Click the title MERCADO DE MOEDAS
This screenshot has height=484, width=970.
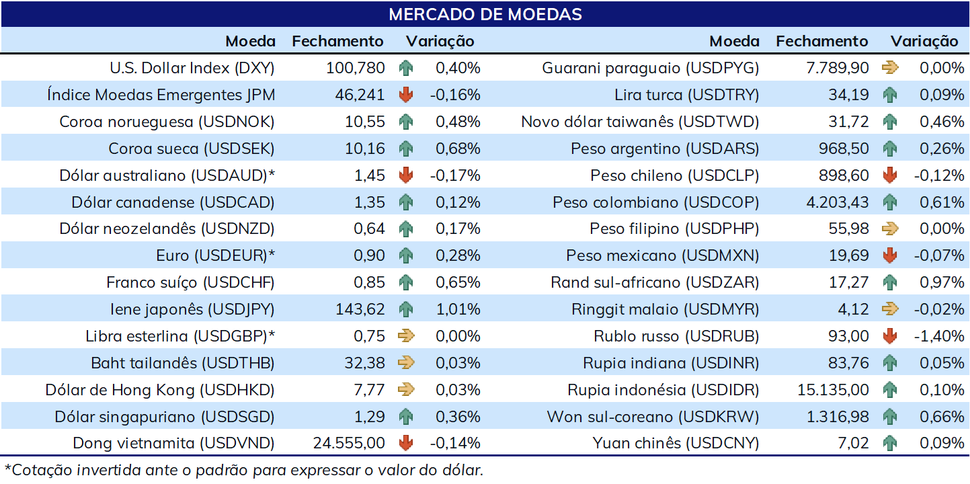[485, 14]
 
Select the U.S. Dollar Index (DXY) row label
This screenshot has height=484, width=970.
[192, 68]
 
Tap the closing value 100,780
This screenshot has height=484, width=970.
[355, 68]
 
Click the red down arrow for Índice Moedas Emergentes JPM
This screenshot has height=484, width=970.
[406, 95]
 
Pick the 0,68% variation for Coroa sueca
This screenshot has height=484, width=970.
[458, 149]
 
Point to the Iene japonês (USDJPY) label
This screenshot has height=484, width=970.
[192, 309]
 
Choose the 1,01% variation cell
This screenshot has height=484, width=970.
[458, 309]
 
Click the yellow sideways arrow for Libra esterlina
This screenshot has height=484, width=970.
[406, 336]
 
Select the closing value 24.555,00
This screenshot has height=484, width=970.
[349, 443]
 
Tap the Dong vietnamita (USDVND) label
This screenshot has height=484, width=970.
[173, 443]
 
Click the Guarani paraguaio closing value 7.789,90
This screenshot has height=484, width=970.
[838, 68]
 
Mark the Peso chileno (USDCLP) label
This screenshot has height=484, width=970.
[675, 175]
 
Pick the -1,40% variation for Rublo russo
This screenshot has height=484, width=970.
[939, 336]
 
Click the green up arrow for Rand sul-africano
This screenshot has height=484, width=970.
[890, 282]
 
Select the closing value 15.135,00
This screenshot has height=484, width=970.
[833, 390]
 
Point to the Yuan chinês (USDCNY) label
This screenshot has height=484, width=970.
[676, 443]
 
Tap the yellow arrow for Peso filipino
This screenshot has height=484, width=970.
[890, 229]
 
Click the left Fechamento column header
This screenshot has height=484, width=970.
[337, 41]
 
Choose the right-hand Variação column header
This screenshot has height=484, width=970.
[924, 42]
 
